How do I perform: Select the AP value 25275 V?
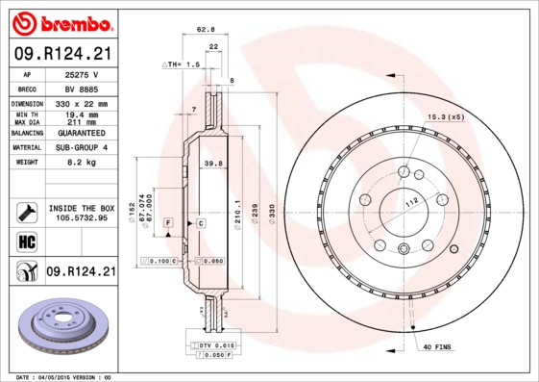82,74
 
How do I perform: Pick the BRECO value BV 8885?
82,89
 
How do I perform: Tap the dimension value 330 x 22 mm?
82,103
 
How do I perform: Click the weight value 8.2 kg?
82,163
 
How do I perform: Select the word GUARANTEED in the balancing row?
82,133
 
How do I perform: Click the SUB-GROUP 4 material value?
82,147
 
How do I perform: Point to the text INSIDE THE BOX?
82,208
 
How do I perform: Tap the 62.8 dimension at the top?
205,30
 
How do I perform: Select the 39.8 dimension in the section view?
213,165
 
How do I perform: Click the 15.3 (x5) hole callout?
445,117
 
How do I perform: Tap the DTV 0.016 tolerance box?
217,344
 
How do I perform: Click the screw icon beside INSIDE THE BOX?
23,212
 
